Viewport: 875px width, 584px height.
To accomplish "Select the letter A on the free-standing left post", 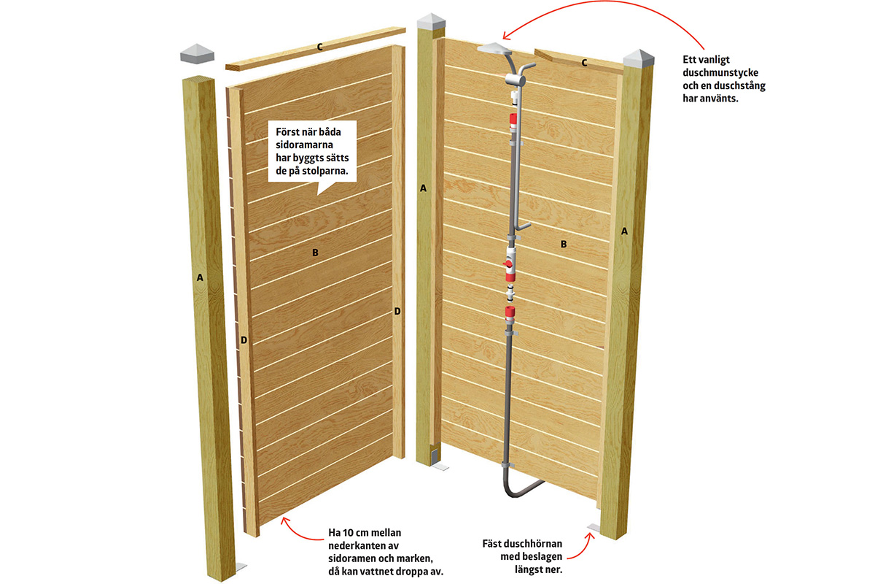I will coord(200,277).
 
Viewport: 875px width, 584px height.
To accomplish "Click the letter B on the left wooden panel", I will coord(315,253).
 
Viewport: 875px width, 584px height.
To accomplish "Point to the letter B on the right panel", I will coord(564,245).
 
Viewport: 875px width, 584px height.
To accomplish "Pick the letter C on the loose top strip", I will coord(319,47).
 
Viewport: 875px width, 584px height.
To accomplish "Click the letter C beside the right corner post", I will coord(584,63).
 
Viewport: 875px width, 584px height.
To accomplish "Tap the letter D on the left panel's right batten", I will coord(397,312).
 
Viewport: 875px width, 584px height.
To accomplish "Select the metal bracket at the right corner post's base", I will coord(594,529).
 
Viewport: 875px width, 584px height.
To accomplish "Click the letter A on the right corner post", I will coord(624,231).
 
